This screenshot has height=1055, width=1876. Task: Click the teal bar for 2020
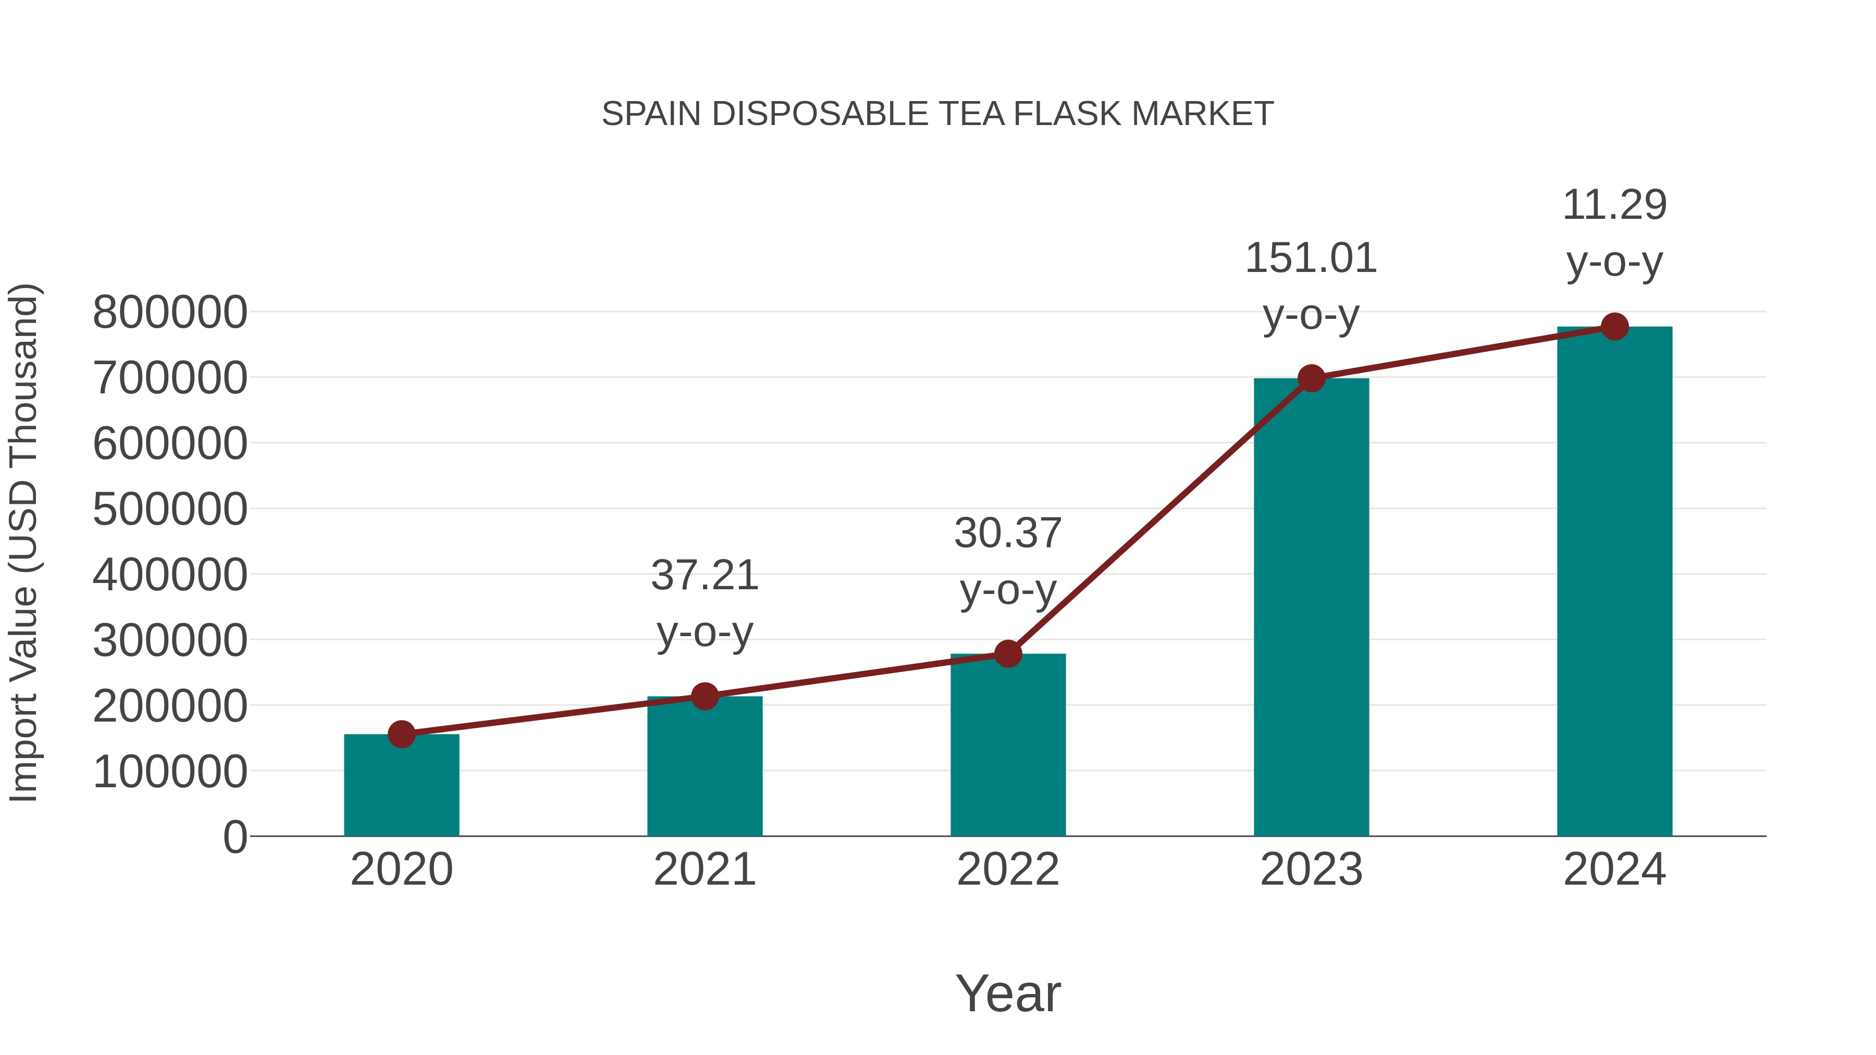pyautogui.click(x=401, y=786)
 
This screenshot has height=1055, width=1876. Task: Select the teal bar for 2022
pyautogui.click(x=1008, y=746)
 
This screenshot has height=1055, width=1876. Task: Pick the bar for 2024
pyautogui.click(x=1614, y=582)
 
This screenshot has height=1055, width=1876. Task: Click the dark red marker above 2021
pyautogui.click(x=704, y=697)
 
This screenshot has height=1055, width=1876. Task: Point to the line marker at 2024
pyautogui.click(x=1614, y=327)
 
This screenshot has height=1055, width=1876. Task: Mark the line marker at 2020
pyautogui.click(x=401, y=735)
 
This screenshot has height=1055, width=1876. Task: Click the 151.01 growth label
pyautogui.click(x=1311, y=258)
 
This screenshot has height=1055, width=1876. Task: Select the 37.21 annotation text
pyautogui.click(x=704, y=576)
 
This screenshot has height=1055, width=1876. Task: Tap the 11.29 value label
pyautogui.click(x=1614, y=205)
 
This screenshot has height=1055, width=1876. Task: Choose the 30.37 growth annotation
pyautogui.click(x=1008, y=533)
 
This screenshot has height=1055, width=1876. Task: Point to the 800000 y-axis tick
pyautogui.click(x=170, y=313)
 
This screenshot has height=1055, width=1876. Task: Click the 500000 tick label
pyautogui.click(x=170, y=510)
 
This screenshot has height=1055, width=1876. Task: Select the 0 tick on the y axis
pyautogui.click(x=234, y=837)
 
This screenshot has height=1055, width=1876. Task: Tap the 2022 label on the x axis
pyautogui.click(x=1008, y=870)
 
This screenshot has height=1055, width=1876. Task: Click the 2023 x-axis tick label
pyautogui.click(x=1311, y=870)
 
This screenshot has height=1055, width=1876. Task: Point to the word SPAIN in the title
pyautogui.click(x=652, y=114)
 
